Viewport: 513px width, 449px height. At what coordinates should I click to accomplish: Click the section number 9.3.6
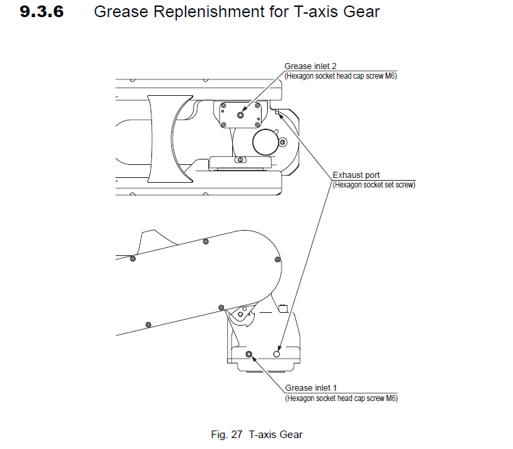[x=42, y=12]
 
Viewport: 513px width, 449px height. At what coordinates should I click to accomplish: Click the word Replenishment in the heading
[x=209, y=12]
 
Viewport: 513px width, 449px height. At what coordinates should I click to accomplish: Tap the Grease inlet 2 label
[x=310, y=66]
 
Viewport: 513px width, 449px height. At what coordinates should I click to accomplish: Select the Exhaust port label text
[x=356, y=175]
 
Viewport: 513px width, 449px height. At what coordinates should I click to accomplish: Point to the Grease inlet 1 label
[x=311, y=388]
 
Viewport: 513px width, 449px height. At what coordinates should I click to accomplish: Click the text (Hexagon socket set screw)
[x=374, y=185]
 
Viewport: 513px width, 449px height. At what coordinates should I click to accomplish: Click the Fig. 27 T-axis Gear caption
[x=257, y=434]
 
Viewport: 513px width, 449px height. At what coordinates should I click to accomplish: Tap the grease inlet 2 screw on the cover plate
[x=240, y=115]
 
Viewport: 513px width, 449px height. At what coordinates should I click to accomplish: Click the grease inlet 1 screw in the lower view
[x=249, y=354]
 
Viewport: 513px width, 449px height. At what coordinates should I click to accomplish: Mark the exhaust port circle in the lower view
[x=277, y=354]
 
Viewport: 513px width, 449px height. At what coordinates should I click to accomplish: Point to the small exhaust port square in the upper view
[x=277, y=112]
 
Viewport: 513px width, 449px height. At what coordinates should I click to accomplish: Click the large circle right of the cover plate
[x=266, y=142]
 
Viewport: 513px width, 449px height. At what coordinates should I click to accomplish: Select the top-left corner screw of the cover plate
[x=223, y=105]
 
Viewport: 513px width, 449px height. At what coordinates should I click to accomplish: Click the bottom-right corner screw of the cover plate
[x=257, y=125]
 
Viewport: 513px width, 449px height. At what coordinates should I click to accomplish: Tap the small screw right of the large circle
[x=283, y=142]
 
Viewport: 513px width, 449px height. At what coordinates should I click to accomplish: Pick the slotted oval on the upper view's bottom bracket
[x=240, y=159]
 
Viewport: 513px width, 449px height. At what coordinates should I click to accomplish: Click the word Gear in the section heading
[x=361, y=12]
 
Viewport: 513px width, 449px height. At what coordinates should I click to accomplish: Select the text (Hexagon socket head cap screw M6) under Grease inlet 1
[x=341, y=398]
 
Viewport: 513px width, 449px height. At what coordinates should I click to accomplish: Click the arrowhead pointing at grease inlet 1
[x=253, y=359]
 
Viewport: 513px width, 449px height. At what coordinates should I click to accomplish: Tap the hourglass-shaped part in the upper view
[x=170, y=139]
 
